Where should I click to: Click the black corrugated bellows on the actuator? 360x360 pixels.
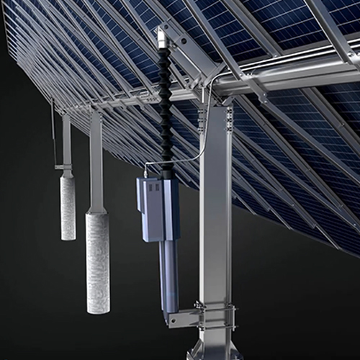pos(166,108)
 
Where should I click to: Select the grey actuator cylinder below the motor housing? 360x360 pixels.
pos(170,274)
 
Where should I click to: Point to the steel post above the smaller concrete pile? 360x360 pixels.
pos(66,140)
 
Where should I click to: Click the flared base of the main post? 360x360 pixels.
pos(214,351)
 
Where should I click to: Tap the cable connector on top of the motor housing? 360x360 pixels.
pos(148,171)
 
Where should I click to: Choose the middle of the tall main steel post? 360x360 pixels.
pos(216,216)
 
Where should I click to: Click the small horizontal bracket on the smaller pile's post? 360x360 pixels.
pos(65,168)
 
